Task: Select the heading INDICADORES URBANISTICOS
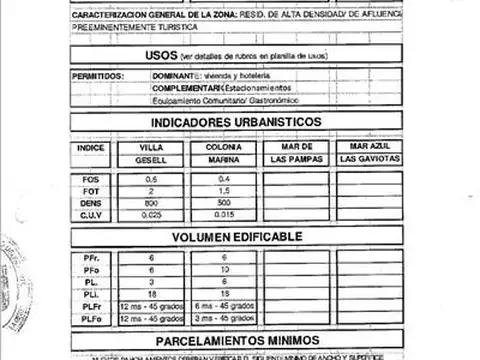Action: (236, 122)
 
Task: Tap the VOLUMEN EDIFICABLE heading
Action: (236, 237)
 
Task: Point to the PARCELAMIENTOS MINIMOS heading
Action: (236, 340)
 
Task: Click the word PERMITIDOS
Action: (99, 76)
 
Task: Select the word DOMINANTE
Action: (173, 76)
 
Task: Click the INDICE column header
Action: (91, 147)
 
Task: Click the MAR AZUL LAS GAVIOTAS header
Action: (370, 153)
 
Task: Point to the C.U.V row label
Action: (91, 213)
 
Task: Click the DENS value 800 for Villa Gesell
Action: (151, 202)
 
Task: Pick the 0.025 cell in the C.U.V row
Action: (151, 213)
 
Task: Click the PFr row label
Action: (91, 259)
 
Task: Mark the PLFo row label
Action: (91, 317)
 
